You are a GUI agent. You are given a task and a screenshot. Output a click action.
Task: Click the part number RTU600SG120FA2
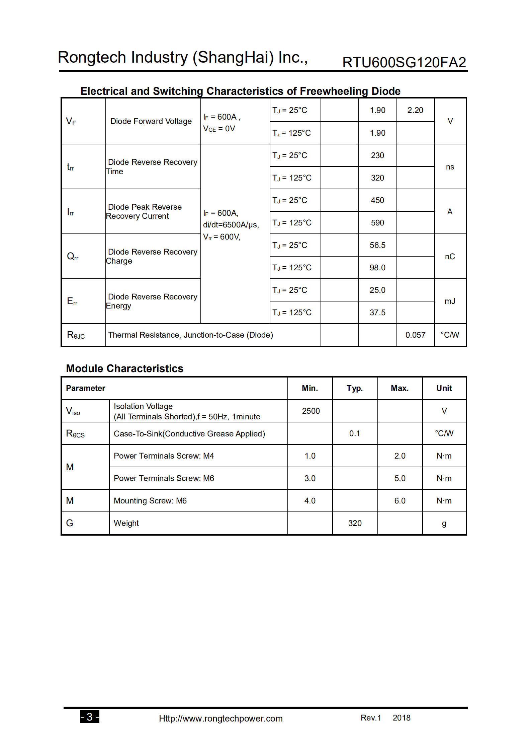point(404,63)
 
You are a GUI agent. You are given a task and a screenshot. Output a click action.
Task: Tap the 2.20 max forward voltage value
point(415,110)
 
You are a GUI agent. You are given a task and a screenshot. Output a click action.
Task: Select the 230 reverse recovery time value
point(377,155)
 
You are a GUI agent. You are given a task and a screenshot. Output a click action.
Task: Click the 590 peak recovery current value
point(377,223)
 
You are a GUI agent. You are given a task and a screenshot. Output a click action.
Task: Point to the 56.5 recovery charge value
point(377,245)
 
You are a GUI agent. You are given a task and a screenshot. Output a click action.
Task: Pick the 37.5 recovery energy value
point(377,313)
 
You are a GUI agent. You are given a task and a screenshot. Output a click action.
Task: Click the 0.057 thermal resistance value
point(415,335)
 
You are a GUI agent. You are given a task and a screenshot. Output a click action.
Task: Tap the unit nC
point(450,257)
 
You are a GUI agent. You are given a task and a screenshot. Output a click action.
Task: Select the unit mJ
point(450,301)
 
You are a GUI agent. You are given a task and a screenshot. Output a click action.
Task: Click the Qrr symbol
point(73,257)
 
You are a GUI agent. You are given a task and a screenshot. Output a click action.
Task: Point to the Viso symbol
point(73,411)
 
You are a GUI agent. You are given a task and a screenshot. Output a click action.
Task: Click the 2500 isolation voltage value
point(311,411)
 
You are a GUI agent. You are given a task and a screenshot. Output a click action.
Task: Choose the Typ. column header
point(355,388)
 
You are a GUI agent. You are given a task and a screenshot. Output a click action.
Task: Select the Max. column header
point(400,388)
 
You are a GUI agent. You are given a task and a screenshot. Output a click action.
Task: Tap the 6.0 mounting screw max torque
point(400,501)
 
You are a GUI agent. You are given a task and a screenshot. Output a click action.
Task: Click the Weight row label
point(126,523)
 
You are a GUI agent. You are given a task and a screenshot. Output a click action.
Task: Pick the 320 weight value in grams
point(355,523)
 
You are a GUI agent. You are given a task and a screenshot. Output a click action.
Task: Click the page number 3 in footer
point(90,716)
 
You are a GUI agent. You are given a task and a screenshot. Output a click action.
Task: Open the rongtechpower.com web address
point(220,719)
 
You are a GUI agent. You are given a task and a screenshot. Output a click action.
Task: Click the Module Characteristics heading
point(124,368)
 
